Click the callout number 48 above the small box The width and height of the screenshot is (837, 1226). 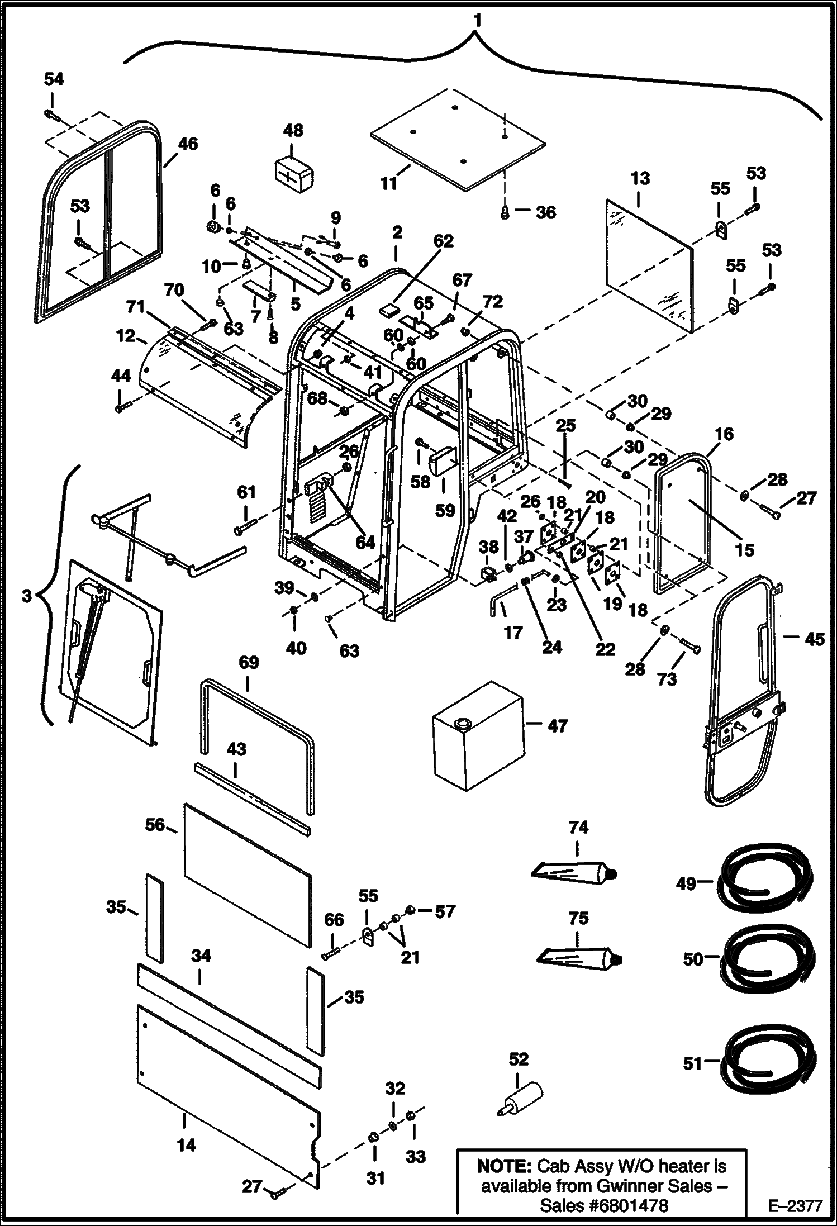pyautogui.click(x=293, y=131)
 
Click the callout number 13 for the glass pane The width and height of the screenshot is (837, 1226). pyautogui.click(x=640, y=179)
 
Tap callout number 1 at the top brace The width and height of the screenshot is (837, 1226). pyautogui.click(x=476, y=21)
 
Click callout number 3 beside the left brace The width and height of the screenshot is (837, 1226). pyautogui.click(x=27, y=596)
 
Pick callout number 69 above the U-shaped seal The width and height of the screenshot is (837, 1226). pyautogui.click(x=249, y=663)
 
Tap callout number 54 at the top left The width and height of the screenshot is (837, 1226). pyautogui.click(x=54, y=79)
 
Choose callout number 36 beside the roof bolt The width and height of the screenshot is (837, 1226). pyautogui.click(x=546, y=212)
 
